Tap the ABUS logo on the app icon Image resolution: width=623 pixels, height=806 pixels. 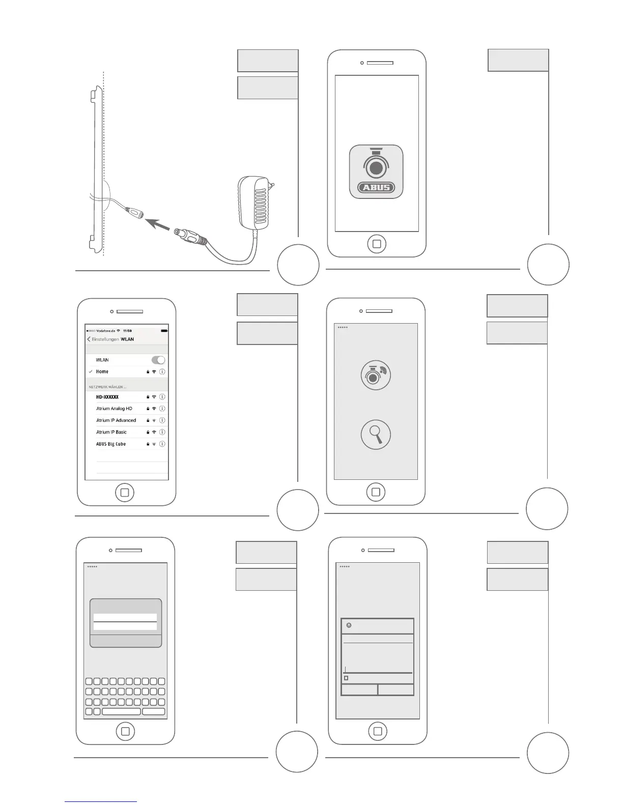(x=376, y=187)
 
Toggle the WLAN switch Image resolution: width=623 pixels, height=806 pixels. (x=158, y=360)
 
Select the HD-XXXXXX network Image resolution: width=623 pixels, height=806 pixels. (x=107, y=397)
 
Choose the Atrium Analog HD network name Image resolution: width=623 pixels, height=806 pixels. (x=114, y=409)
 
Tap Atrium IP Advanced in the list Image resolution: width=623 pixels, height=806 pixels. (x=116, y=420)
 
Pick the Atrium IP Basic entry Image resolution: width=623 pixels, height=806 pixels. (x=111, y=432)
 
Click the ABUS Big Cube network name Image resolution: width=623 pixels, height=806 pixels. (x=111, y=444)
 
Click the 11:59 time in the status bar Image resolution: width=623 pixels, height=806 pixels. (x=127, y=331)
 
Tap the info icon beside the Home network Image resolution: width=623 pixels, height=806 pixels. (x=162, y=372)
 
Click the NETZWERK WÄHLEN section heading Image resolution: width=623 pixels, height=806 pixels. (x=107, y=387)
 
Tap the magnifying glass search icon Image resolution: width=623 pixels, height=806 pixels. (x=376, y=435)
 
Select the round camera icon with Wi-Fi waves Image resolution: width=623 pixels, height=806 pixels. (x=376, y=376)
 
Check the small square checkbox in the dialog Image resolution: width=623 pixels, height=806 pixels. (x=346, y=678)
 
